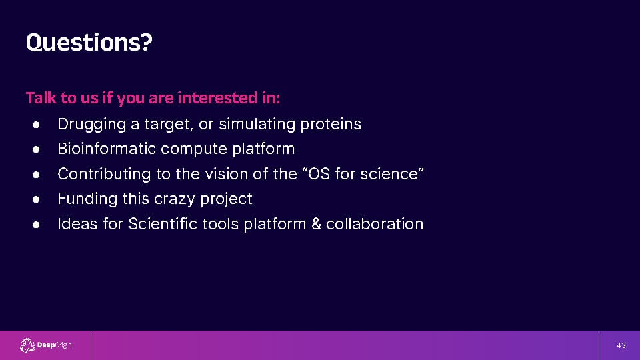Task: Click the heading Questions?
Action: pyautogui.click(x=89, y=43)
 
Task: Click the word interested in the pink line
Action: pyautogui.click(x=217, y=98)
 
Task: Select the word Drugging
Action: pyautogui.click(x=92, y=124)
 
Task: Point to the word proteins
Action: pyautogui.click(x=331, y=124)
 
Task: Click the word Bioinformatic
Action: pyautogui.click(x=107, y=149)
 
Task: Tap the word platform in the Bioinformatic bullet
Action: pyautogui.click(x=263, y=149)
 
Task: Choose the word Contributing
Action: pyautogui.click(x=104, y=174)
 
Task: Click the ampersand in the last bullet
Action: pyautogui.click(x=316, y=224)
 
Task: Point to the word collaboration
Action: pyautogui.click(x=375, y=224)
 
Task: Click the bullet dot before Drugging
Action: pyautogui.click(x=36, y=125)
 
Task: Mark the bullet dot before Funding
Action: pyautogui.click(x=36, y=199)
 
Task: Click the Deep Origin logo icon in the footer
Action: pyautogui.click(x=27, y=345)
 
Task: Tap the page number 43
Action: pyautogui.click(x=621, y=345)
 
